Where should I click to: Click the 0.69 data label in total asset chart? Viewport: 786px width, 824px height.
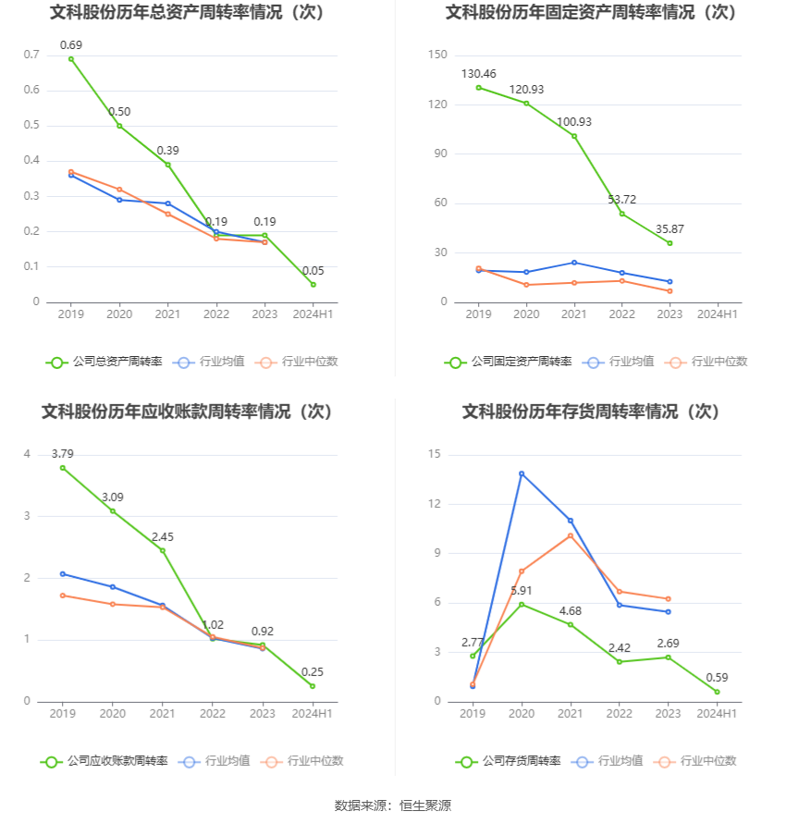[x=71, y=45]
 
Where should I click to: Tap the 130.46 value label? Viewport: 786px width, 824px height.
[x=478, y=74]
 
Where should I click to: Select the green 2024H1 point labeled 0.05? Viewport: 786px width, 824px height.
[x=313, y=285]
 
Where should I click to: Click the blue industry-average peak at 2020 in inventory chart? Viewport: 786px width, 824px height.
[x=522, y=473]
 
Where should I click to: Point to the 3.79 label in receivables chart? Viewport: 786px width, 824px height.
[x=63, y=454]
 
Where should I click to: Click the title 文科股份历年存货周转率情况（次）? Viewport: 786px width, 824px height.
[x=591, y=412]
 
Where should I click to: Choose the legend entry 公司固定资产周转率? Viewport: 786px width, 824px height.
[x=508, y=362]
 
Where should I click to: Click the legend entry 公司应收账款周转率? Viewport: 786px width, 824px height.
[x=104, y=761]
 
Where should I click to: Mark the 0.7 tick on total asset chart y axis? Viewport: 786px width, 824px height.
[x=31, y=55]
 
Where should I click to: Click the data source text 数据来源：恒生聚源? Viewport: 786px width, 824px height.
[x=392, y=806]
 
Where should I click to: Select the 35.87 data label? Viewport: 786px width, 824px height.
[x=669, y=229]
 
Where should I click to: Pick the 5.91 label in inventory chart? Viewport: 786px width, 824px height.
[x=522, y=591]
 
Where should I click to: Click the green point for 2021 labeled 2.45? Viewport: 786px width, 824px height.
[x=163, y=550]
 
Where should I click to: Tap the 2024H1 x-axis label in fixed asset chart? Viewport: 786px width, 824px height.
[x=718, y=314]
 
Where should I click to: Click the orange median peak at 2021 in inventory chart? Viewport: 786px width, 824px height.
[x=571, y=535]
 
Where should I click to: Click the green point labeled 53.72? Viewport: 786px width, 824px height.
[x=621, y=214]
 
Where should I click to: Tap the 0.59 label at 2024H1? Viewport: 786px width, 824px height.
[x=716, y=678]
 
